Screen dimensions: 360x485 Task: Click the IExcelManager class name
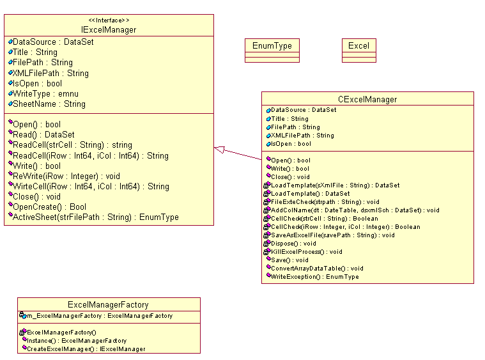coord(109,29)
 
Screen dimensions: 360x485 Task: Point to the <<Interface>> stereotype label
coord(109,20)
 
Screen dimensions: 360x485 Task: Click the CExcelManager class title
coord(367,99)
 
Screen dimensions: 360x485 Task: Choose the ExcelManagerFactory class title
coord(108,305)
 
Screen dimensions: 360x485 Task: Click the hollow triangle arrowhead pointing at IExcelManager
coord(219,149)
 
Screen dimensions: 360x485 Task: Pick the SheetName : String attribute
coord(49,104)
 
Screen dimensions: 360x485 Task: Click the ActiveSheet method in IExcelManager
coord(95,217)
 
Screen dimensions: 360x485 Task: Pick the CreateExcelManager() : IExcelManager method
coord(86,349)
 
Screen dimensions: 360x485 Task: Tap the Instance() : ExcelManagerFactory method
coord(76,341)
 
